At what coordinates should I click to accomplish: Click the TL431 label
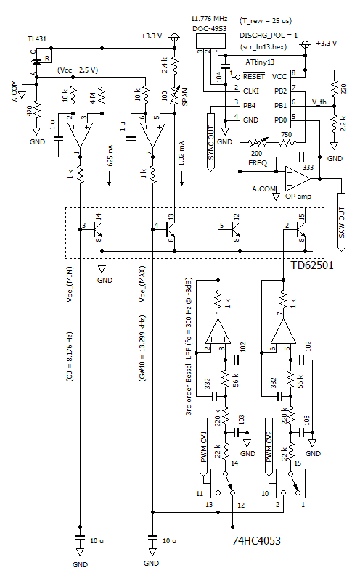(37, 38)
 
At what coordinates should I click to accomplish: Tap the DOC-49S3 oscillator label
(208, 28)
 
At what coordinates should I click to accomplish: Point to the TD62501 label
(314, 265)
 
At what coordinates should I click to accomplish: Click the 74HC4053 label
(258, 542)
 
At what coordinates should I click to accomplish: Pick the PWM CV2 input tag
(269, 448)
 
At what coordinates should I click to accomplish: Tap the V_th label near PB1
(319, 102)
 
